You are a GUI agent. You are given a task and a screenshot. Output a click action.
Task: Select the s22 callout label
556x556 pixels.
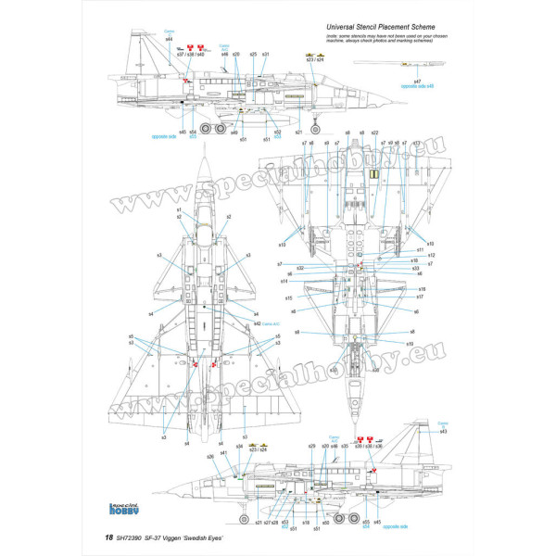click(x=374, y=133)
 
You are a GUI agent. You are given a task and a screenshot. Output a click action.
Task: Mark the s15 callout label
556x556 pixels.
click(x=289, y=297)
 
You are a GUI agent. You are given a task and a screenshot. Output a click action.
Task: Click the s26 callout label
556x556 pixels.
click(x=210, y=456)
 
